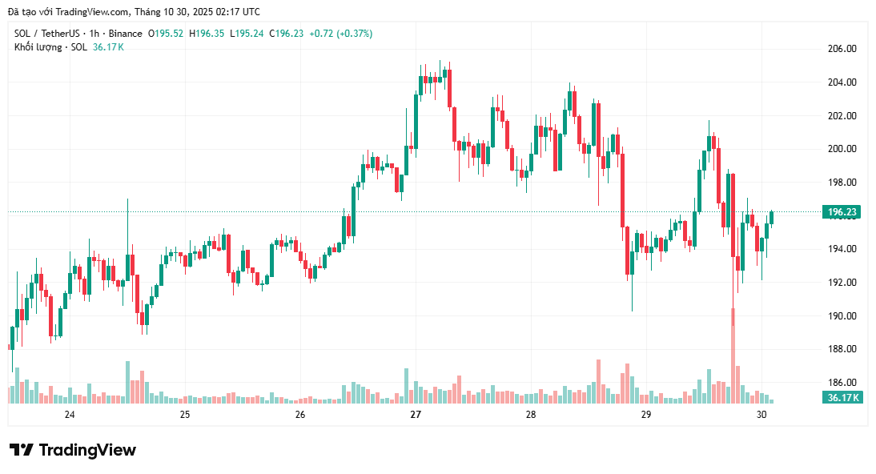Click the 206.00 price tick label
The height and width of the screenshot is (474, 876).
pyautogui.click(x=842, y=49)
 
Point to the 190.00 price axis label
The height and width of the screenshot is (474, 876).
pyautogui.click(x=842, y=315)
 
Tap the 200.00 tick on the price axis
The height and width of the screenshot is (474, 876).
pyautogui.click(x=842, y=149)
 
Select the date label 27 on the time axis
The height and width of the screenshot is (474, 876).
pyautogui.click(x=415, y=415)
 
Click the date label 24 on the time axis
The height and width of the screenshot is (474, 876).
pyautogui.click(x=70, y=415)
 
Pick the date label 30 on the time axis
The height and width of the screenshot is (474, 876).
pyautogui.click(x=761, y=415)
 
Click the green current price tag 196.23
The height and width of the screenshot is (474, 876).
pyautogui.click(x=842, y=212)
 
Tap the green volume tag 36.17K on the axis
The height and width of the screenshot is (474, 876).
pyautogui.click(x=842, y=397)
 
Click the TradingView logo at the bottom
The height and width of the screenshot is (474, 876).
pyautogui.click(x=72, y=450)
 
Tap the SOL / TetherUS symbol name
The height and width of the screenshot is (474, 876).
pyautogui.click(x=47, y=34)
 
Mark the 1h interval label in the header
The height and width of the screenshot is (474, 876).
pyautogui.click(x=94, y=34)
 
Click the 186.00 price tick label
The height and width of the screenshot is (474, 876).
pyautogui.click(x=842, y=383)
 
